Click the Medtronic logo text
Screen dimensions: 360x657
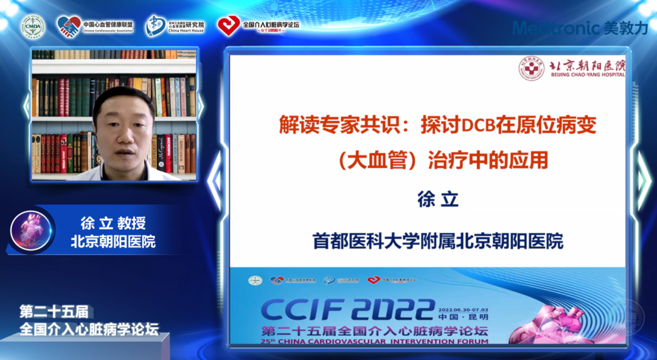coord(557,28)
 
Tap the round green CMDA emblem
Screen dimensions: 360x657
coord(33,26)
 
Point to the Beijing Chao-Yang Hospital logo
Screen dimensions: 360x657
coord(571,68)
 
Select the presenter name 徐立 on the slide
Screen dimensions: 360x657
coord(437,200)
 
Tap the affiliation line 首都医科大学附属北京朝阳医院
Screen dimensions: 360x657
coord(437,241)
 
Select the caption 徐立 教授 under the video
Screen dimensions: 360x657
coord(113,223)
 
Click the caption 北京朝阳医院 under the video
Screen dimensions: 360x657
coord(113,241)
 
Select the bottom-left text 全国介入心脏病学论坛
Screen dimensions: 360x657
coord(89,330)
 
